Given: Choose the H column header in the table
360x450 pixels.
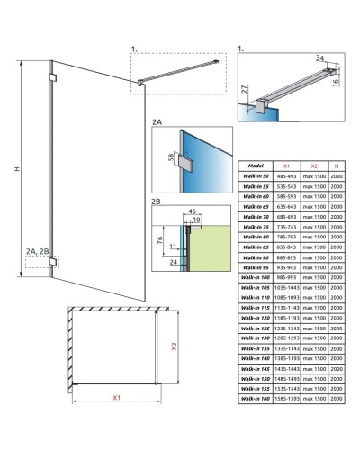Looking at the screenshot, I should (336, 166).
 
